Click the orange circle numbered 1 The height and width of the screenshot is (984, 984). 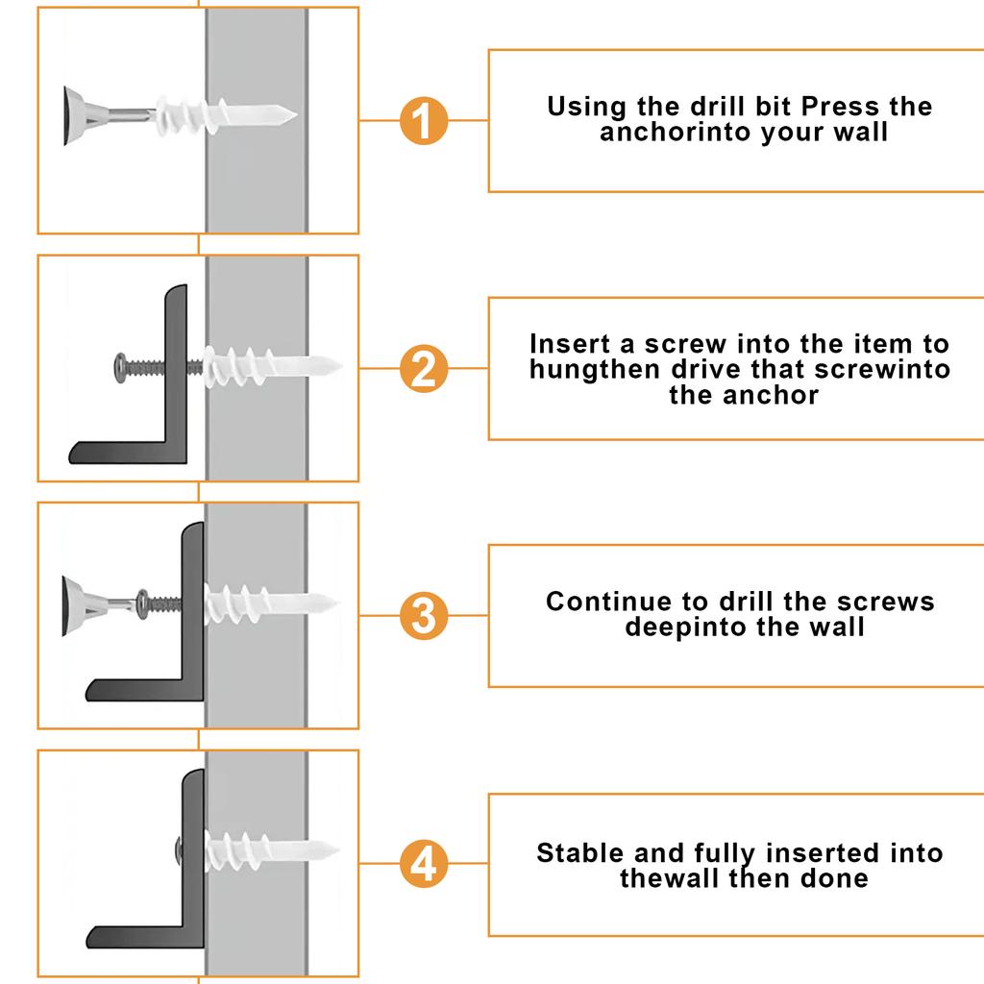click(x=423, y=121)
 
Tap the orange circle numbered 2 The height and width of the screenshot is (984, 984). click(x=423, y=369)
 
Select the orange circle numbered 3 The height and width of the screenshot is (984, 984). click(x=423, y=616)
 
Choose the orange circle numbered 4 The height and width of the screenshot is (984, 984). click(x=423, y=864)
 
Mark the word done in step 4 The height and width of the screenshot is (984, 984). click(x=836, y=878)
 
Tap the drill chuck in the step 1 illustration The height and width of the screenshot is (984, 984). click(x=72, y=115)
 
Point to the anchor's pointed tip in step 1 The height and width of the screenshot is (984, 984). click(x=289, y=116)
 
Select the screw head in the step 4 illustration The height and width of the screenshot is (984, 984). click(x=180, y=849)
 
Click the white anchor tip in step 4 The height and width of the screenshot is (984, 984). click(x=332, y=850)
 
